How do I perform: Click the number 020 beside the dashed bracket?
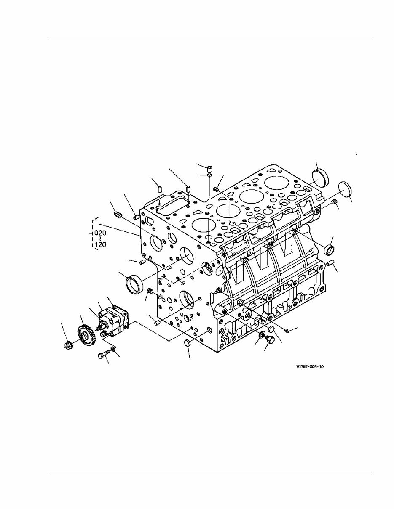[100, 232]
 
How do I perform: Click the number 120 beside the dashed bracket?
[100, 244]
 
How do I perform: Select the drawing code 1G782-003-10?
[310, 367]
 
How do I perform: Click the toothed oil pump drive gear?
[86, 335]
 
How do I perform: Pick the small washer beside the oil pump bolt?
[113, 349]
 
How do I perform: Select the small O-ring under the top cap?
[209, 175]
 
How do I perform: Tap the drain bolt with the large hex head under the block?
[270, 339]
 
